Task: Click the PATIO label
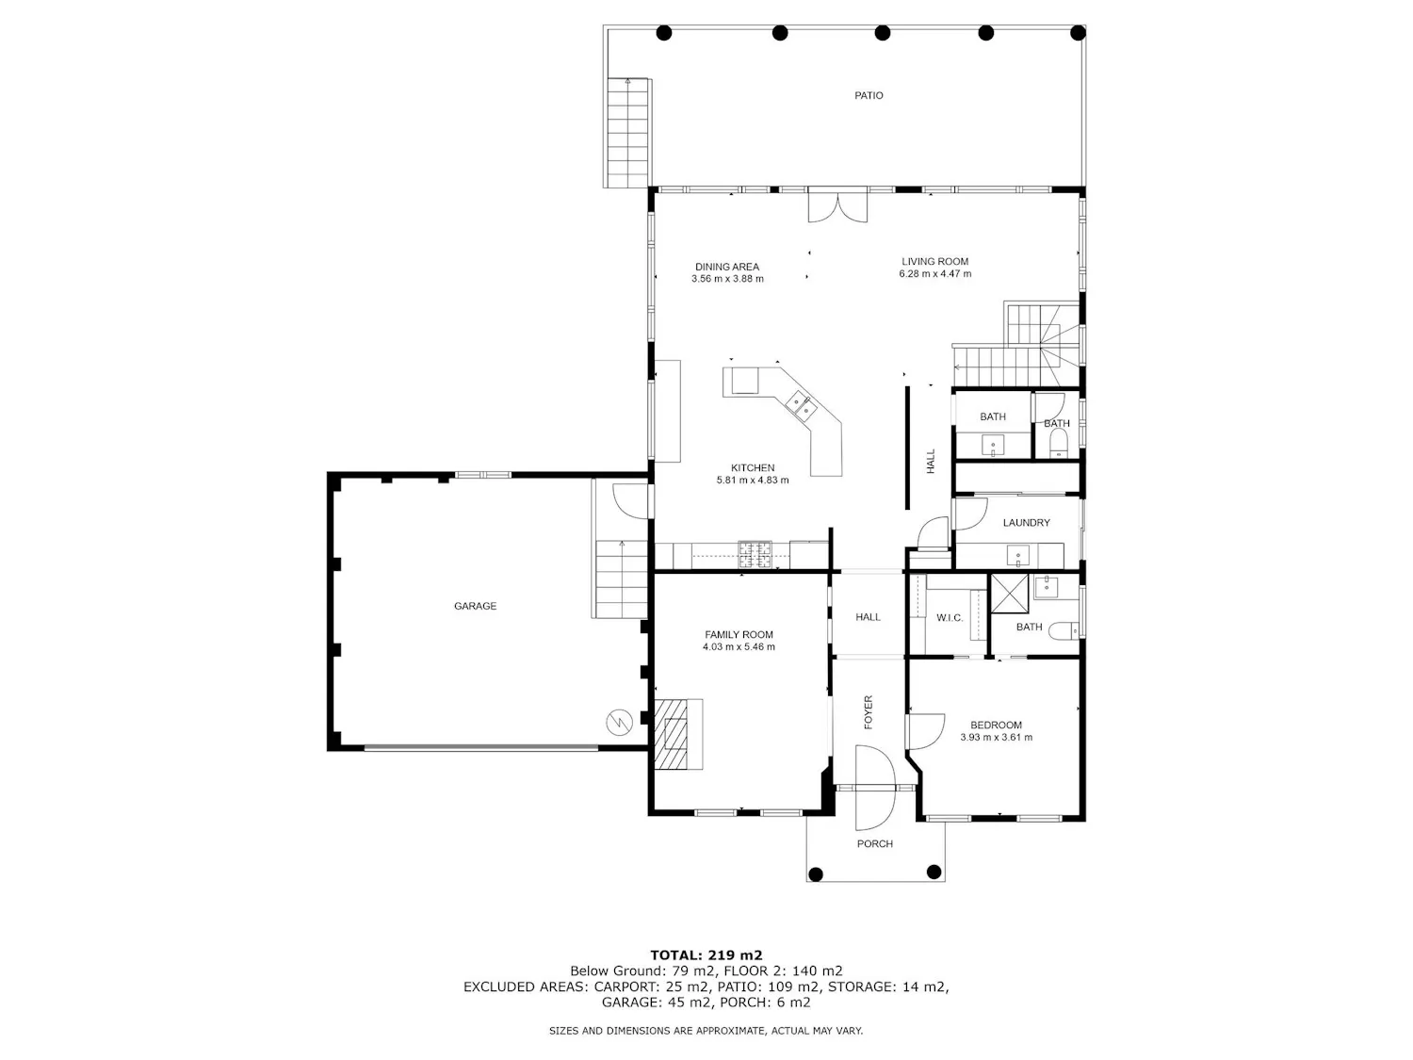(869, 95)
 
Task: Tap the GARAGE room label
(475, 606)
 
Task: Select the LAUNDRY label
(1026, 523)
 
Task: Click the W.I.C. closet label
(950, 618)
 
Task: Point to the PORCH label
(875, 843)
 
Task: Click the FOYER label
(869, 711)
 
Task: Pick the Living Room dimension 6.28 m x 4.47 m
(935, 273)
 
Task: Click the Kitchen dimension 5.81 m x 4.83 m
(753, 481)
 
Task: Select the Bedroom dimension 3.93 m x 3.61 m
(996, 738)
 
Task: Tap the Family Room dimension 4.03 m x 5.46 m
(739, 646)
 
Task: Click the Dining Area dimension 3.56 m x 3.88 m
(727, 279)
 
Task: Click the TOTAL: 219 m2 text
(706, 955)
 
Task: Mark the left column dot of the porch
(816, 874)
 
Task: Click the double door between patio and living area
(837, 206)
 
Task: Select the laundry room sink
(1018, 556)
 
